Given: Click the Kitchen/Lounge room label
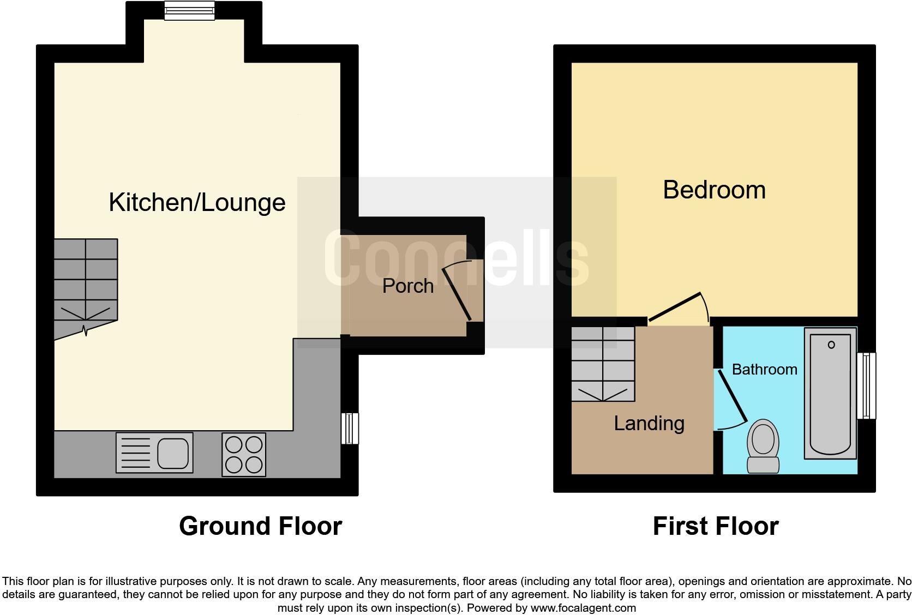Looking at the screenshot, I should pyautogui.click(x=197, y=202).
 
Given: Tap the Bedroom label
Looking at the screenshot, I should pyautogui.click(x=714, y=190).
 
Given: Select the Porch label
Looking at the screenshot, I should pyautogui.click(x=407, y=286).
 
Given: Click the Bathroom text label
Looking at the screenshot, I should pyautogui.click(x=764, y=370).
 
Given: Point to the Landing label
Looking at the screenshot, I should pyautogui.click(x=649, y=424).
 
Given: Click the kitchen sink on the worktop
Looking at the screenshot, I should pyautogui.click(x=154, y=453).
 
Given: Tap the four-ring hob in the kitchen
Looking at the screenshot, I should pyautogui.click(x=244, y=454).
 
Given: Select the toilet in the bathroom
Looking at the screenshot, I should pyautogui.click(x=763, y=446).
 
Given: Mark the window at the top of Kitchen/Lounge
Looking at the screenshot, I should pyautogui.click(x=189, y=10).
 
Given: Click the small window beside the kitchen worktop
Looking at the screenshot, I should pyautogui.click(x=350, y=429).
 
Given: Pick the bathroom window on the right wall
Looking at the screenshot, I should pyautogui.click(x=866, y=385).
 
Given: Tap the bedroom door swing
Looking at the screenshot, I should pyautogui.click(x=676, y=307).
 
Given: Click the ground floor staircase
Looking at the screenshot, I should pyautogui.click(x=86, y=284).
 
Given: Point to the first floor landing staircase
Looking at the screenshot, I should pyautogui.click(x=603, y=364).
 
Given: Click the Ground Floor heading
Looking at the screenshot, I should pyautogui.click(x=260, y=526).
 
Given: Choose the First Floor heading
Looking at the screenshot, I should pyautogui.click(x=715, y=526).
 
